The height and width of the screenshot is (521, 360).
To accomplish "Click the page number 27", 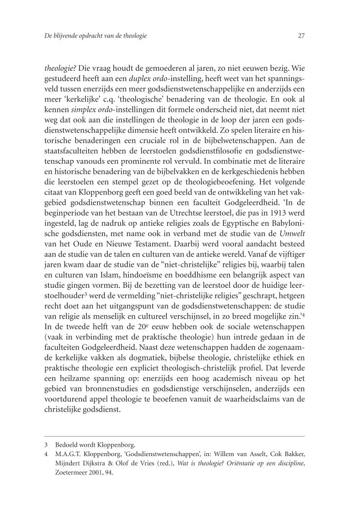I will [x=301, y=36].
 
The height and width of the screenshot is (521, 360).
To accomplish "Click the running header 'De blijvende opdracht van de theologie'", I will [x=96, y=36].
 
